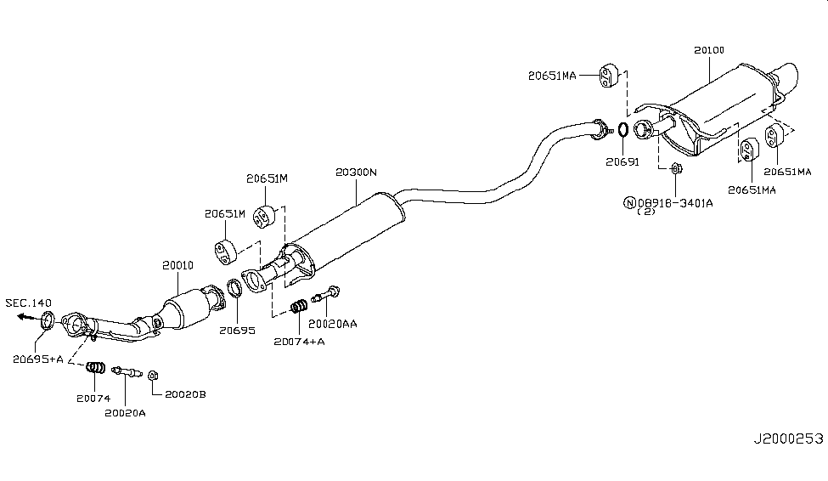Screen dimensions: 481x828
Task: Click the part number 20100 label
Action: coord(708,51)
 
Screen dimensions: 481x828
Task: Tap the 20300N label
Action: coord(357,173)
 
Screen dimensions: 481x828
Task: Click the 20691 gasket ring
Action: coord(622,130)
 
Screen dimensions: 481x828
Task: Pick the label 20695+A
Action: coord(38,359)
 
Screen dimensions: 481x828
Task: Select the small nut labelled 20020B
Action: coord(152,375)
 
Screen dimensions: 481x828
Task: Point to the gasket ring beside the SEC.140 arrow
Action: coord(48,320)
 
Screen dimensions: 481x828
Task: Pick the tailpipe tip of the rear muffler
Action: coord(789,77)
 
